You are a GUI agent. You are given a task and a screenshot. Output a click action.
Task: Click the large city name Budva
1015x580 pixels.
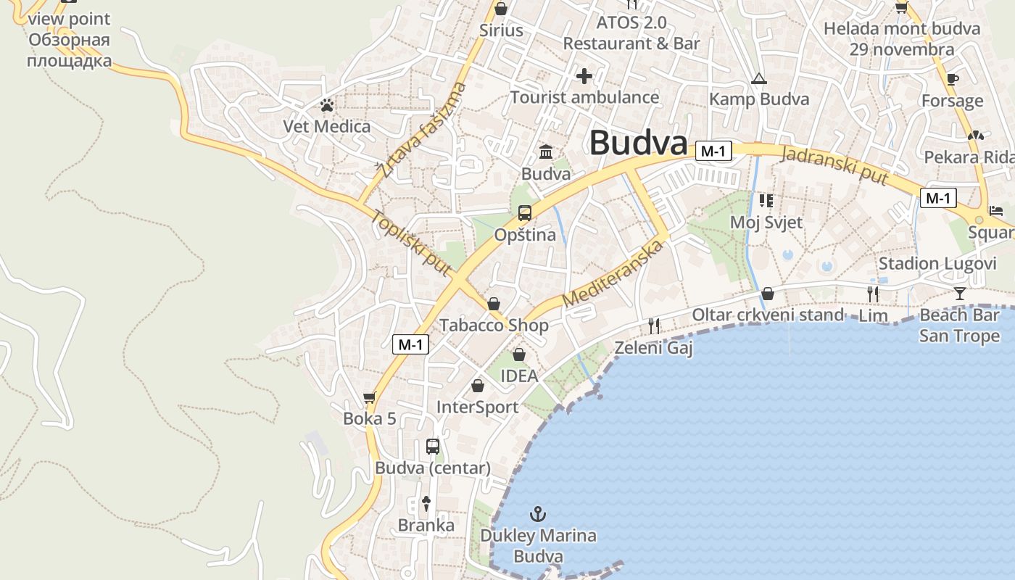(638, 143)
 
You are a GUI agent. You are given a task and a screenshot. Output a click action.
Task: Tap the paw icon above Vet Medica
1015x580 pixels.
(327, 106)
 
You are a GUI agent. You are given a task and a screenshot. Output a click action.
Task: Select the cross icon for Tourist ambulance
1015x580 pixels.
(584, 76)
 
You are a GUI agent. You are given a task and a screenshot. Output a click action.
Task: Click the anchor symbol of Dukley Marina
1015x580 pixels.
(538, 514)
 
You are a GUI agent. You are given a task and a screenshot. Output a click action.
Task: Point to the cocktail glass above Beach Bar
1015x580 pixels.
(960, 294)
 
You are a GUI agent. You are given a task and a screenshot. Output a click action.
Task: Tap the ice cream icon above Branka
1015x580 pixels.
(426, 503)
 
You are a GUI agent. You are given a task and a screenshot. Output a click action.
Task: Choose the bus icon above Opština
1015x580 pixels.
(524, 213)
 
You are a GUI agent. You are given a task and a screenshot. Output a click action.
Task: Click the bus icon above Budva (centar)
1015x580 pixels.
(433, 447)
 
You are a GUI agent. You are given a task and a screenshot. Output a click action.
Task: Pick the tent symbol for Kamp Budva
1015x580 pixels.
(758, 78)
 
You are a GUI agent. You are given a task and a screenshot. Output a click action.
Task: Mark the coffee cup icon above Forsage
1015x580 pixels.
(953, 79)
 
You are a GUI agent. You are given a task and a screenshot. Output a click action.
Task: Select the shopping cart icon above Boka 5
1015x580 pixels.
(369, 397)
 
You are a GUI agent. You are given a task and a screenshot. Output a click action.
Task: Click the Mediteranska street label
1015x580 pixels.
(613, 274)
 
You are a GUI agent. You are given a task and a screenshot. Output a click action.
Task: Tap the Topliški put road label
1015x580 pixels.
(411, 242)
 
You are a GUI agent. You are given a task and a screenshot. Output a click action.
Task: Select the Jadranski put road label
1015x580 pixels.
(834, 166)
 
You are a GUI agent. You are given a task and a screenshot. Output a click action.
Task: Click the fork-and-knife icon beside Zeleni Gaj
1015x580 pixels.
(654, 326)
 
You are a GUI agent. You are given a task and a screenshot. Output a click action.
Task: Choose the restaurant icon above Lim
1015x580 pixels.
(873, 294)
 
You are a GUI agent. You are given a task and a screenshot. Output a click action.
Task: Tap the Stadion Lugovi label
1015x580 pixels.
(937, 263)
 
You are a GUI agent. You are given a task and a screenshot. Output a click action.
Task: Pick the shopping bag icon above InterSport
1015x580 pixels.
(477, 386)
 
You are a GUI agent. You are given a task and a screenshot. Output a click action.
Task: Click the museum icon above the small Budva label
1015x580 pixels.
(546, 152)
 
